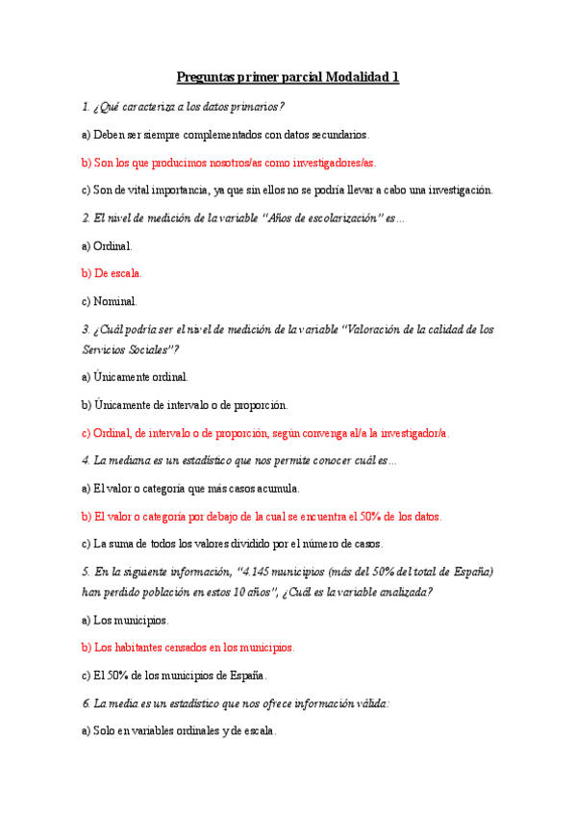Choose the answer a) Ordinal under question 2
point(108,245)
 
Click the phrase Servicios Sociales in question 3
point(129,348)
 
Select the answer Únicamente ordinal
point(136,376)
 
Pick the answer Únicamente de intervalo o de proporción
point(185,404)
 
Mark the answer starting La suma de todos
point(232,544)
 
